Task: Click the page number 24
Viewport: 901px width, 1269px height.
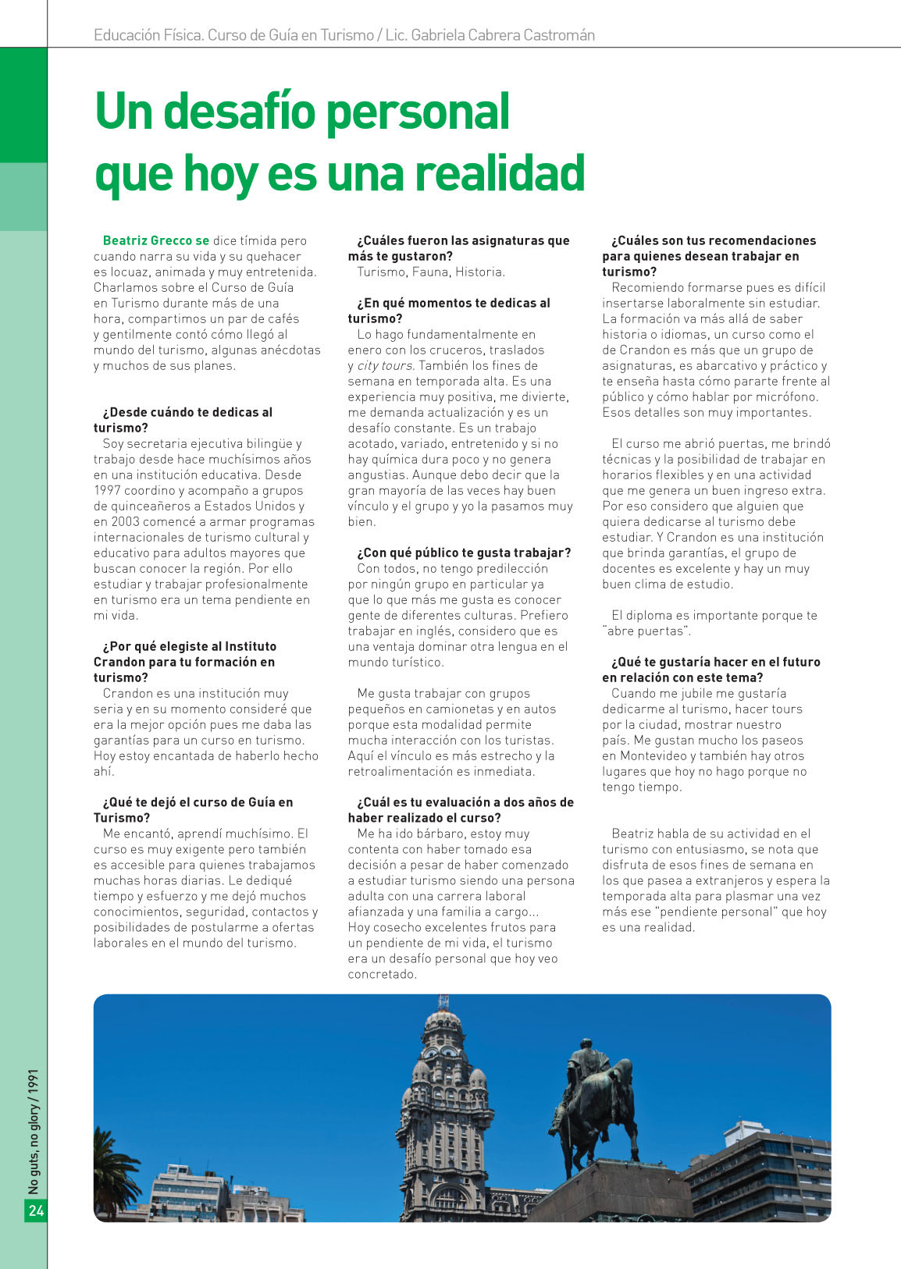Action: coord(36,1210)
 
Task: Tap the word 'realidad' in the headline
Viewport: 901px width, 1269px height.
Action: coord(504,173)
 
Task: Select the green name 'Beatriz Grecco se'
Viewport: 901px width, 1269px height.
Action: coord(156,240)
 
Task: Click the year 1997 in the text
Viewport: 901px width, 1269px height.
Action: coord(107,490)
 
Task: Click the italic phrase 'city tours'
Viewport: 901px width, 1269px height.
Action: coord(386,365)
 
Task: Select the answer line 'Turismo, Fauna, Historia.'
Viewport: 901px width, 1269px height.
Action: coord(431,272)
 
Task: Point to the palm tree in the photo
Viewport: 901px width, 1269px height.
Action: coord(116,1163)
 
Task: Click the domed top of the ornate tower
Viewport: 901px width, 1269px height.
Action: coord(443,1022)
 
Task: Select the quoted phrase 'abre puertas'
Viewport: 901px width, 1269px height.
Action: coord(646,631)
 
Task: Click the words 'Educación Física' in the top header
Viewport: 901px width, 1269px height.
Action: coord(147,35)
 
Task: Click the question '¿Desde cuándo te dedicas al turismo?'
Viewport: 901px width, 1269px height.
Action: coord(183,420)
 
